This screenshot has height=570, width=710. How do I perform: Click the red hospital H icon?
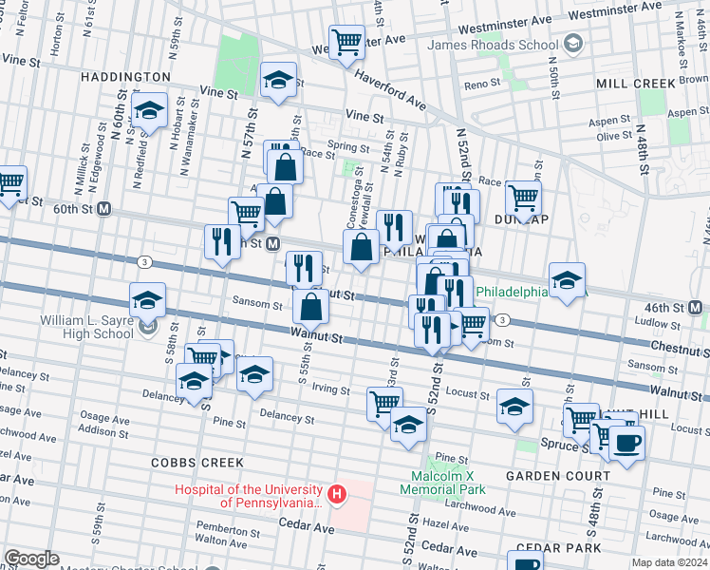click(335, 494)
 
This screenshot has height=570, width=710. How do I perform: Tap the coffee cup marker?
click(626, 443)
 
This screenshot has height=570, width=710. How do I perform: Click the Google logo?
click(31, 559)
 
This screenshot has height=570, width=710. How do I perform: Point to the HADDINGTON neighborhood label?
click(125, 76)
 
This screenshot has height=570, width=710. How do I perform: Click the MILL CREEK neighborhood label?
click(636, 84)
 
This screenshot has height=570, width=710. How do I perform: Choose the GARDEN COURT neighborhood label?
click(556, 475)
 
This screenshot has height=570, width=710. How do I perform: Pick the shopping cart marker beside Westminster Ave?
click(346, 42)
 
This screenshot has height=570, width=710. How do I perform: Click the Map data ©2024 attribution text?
click(670, 562)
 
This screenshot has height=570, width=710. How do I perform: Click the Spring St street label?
click(347, 147)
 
